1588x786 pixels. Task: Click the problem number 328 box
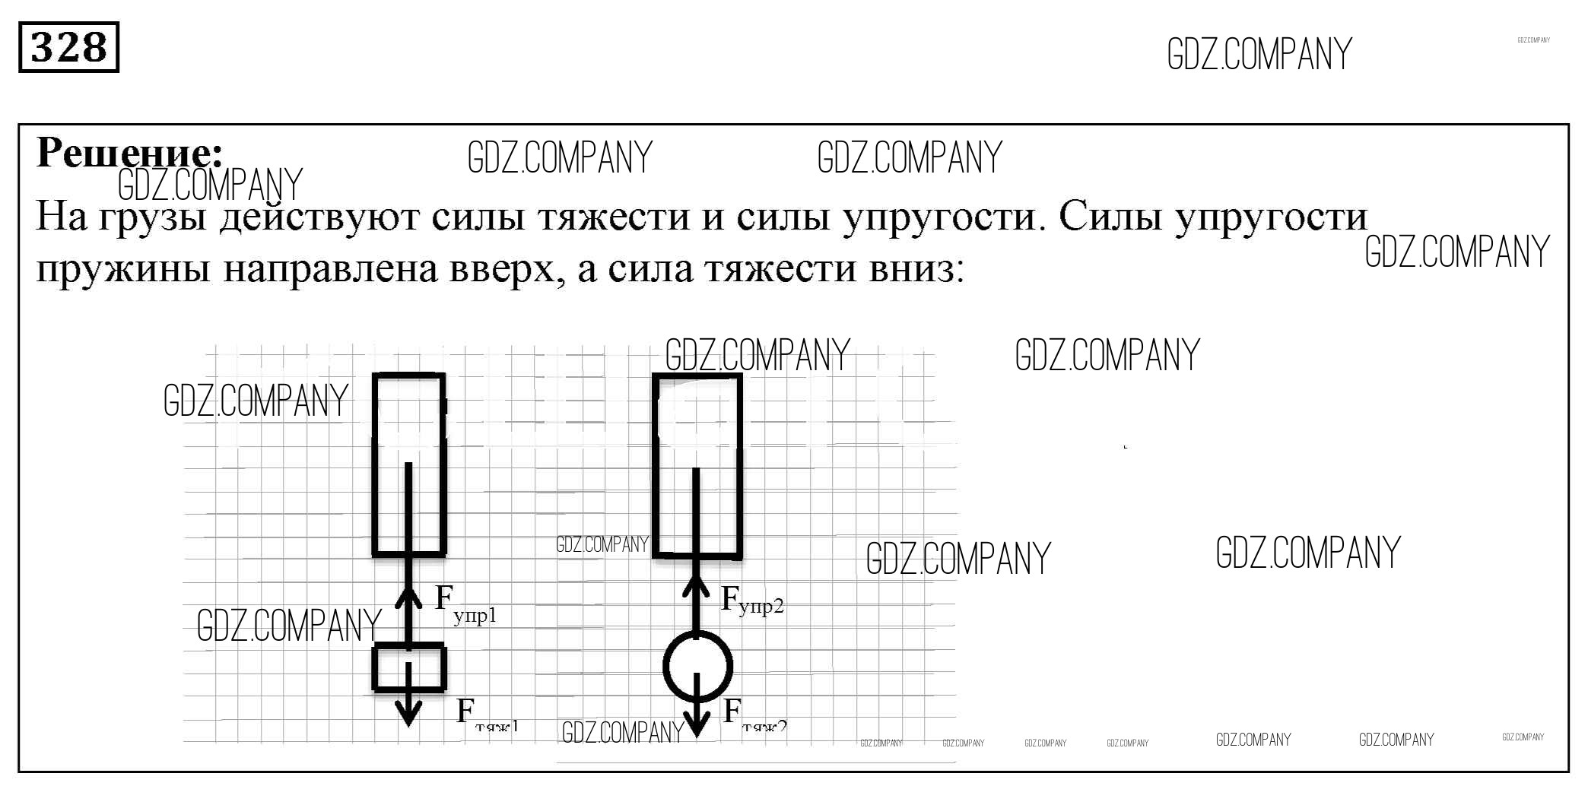68,48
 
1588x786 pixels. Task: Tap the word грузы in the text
153,218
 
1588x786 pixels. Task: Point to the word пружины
122,270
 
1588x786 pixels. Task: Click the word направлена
330,268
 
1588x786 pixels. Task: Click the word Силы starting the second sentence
1110,217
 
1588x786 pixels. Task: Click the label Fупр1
464,604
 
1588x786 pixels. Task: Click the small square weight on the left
409,668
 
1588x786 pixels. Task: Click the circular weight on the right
697,667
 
